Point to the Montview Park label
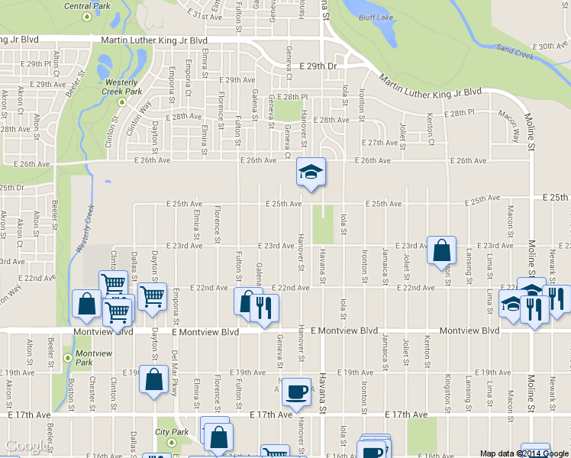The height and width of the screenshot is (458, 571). click(x=95, y=357)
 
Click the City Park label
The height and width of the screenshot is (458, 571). click(x=172, y=432)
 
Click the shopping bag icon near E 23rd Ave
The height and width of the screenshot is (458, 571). click(x=442, y=250)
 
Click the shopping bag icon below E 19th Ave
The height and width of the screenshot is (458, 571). click(x=153, y=379)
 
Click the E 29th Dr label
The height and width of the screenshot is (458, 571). click(x=318, y=67)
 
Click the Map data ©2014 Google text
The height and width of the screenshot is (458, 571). click(x=523, y=453)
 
